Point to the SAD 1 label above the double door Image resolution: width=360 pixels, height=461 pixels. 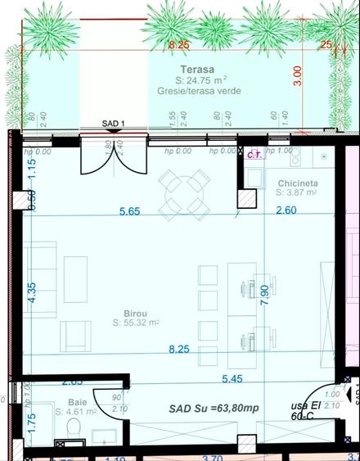coord(112,124)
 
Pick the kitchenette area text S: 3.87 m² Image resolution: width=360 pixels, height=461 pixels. coord(297,193)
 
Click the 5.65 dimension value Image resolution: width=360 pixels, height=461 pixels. coord(129,211)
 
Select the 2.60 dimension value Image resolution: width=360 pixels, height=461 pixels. coord(286,211)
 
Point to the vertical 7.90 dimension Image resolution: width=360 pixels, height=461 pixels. coord(264,295)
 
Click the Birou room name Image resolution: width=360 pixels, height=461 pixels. coord(124,312)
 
